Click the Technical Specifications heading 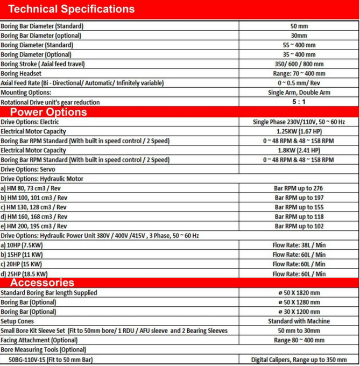72,9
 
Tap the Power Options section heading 48,112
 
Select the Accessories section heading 42,283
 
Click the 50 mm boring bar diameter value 299,26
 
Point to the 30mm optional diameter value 299,36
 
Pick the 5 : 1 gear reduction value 299,102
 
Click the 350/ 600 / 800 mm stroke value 299,64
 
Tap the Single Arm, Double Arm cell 299,93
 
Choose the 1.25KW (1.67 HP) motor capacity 299,131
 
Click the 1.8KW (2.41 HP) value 299,150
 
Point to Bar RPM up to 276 299,188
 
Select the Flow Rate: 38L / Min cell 299,245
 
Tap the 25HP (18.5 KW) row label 25,273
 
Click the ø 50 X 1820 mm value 299,293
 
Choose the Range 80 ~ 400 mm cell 299,340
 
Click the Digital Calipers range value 299,360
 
